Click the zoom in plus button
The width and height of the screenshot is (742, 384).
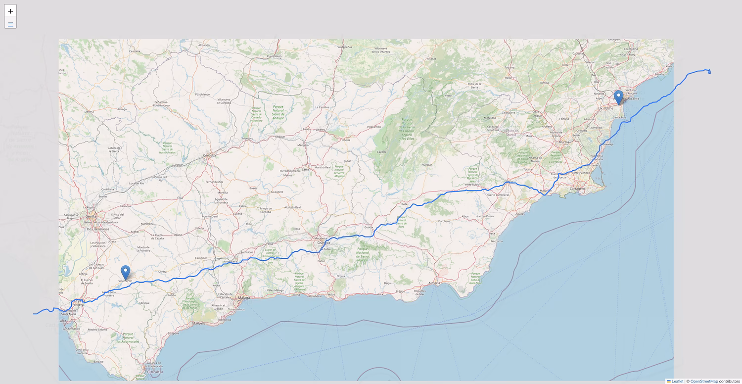click(10, 11)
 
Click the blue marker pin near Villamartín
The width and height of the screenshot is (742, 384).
click(126, 273)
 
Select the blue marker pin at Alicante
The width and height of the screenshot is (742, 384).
click(618, 97)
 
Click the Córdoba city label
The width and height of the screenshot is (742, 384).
click(209, 155)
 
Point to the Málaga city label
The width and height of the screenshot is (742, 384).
click(243, 297)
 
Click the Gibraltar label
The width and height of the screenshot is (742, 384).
click(154, 371)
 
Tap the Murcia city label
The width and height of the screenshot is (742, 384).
click(563, 142)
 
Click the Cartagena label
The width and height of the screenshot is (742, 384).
click(578, 189)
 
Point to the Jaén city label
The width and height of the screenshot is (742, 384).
click(305, 169)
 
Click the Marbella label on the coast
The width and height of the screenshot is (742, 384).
click(198, 324)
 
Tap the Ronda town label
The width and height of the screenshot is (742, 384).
click(172, 295)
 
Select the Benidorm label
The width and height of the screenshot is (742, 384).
click(661, 74)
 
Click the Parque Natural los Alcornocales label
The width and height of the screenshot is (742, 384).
click(128, 337)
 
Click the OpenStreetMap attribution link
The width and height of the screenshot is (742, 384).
click(704, 381)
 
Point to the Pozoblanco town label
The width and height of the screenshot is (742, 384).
click(202, 94)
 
